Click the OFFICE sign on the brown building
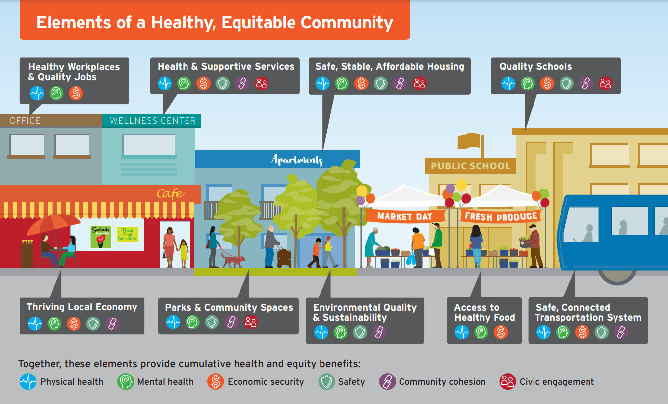coord(25,121)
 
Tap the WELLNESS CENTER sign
coord(153,121)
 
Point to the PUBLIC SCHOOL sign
coord(470,166)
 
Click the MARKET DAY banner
coord(405,216)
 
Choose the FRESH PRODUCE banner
coord(501,216)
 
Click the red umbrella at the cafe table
coord(53,225)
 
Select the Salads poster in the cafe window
coord(101,237)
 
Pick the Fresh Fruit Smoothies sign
coord(128,235)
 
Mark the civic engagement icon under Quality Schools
coord(605,83)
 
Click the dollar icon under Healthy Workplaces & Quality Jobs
coord(76,93)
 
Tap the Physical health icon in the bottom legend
coord(28,381)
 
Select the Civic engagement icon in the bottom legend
coord(508,381)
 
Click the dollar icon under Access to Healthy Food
coord(500,332)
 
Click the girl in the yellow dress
coord(184,252)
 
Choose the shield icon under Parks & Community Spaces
coord(212,322)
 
